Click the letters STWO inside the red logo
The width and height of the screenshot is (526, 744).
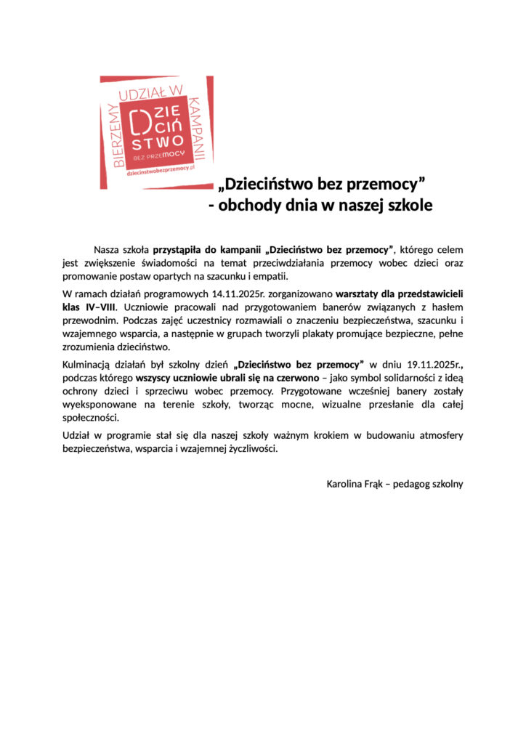[x=155, y=139]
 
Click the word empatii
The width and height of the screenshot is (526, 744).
[x=267, y=276]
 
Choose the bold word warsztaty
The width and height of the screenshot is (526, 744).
[x=362, y=293]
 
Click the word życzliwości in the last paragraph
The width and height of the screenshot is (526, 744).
[x=252, y=448]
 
